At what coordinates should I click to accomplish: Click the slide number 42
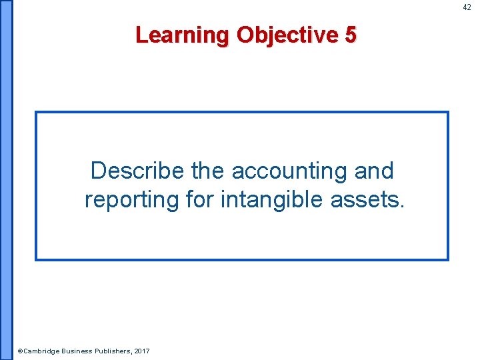pyautogui.click(x=467, y=7)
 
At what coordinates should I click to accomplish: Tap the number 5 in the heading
pyautogui.click(x=351, y=35)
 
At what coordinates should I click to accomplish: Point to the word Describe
pyautogui.click(x=137, y=171)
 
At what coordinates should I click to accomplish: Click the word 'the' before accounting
pyautogui.click(x=208, y=171)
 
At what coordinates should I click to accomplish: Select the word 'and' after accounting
pyautogui.click(x=374, y=171)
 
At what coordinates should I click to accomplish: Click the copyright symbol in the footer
pyautogui.click(x=20, y=351)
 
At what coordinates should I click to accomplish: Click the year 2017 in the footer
pyautogui.click(x=142, y=351)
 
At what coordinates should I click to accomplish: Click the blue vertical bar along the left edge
pyautogui.click(x=6, y=180)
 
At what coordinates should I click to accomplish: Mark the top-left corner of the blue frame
pyautogui.click(x=36, y=112)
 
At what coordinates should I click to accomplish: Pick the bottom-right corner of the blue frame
pyautogui.click(x=448, y=259)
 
